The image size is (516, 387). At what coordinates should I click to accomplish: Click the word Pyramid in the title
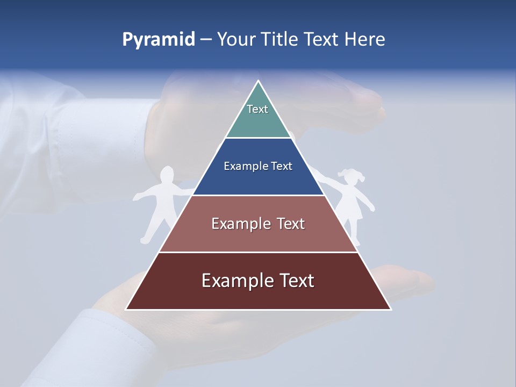[x=159, y=40]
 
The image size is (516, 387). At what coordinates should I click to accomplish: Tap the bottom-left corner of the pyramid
[x=126, y=309]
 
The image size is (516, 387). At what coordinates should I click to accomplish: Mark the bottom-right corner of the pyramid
[x=390, y=309]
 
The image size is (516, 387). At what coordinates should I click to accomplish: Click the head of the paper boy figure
[x=168, y=176]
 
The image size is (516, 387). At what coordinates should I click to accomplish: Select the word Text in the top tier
[x=257, y=109]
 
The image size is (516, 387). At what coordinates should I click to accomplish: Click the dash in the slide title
[x=206, y=40]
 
